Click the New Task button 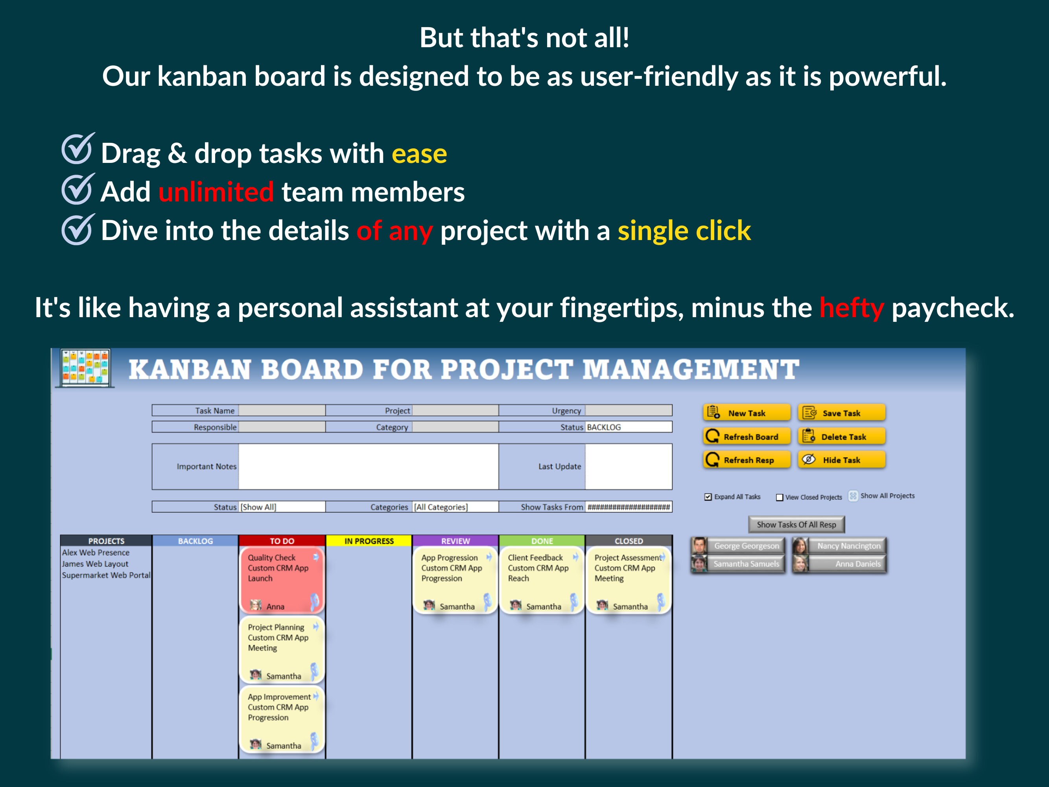pyautogui.click(x=747, y=413)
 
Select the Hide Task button pyautogui.click(x=841, y=460)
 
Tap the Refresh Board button pyautogui.click(x=747, y=436)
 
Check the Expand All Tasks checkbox pyautogui.click(x=708, y=497)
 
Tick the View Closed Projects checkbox pyautogui.click(x=779, y=497)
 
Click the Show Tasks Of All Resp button pyautogui.click(x=796, y=524)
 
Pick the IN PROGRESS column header pyautogui.click(x=369, y=541)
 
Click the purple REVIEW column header pyautogui.click(x=455, y=541)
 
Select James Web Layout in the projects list pyautogui.click(x=95, y=563)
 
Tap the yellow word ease pyautogui.click(x=419, y=154)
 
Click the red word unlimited pyautogui.click(x=216, y=192)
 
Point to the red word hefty pyautogui.click(x=852, y=308)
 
